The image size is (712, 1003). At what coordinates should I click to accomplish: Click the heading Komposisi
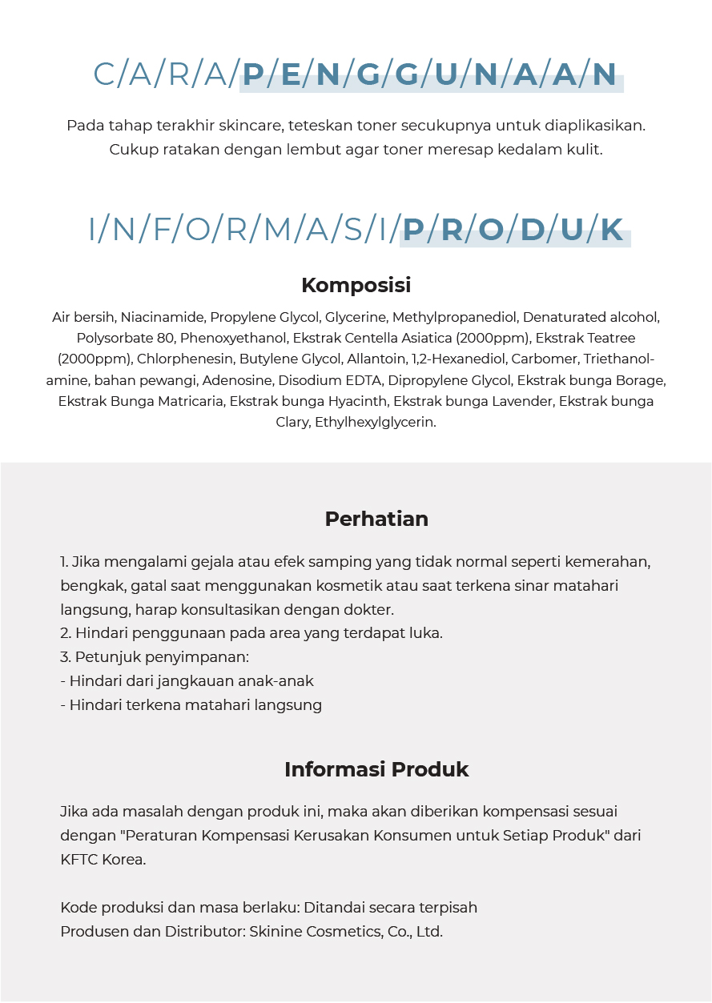[356, 285]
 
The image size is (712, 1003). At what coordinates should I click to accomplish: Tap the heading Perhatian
[376, 519]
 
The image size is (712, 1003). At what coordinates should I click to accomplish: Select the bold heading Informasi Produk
[376, 769]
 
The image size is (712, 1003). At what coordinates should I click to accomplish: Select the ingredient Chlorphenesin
[184, 359]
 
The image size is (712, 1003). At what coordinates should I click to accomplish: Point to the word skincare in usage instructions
[250, 126]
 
